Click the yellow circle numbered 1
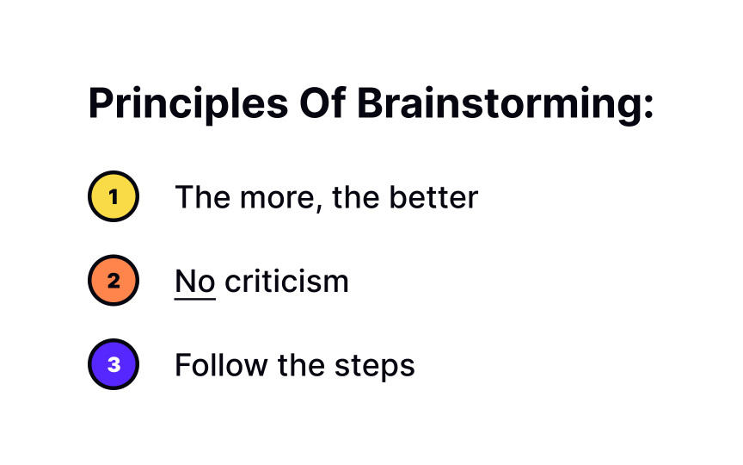pos(113,197)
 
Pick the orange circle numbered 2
pos(113,281)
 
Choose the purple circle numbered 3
pos(113,364)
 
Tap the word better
pos(433,198)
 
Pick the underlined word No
pos(194,281)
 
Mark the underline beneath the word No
pos(194,299)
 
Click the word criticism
pos(286,281)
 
